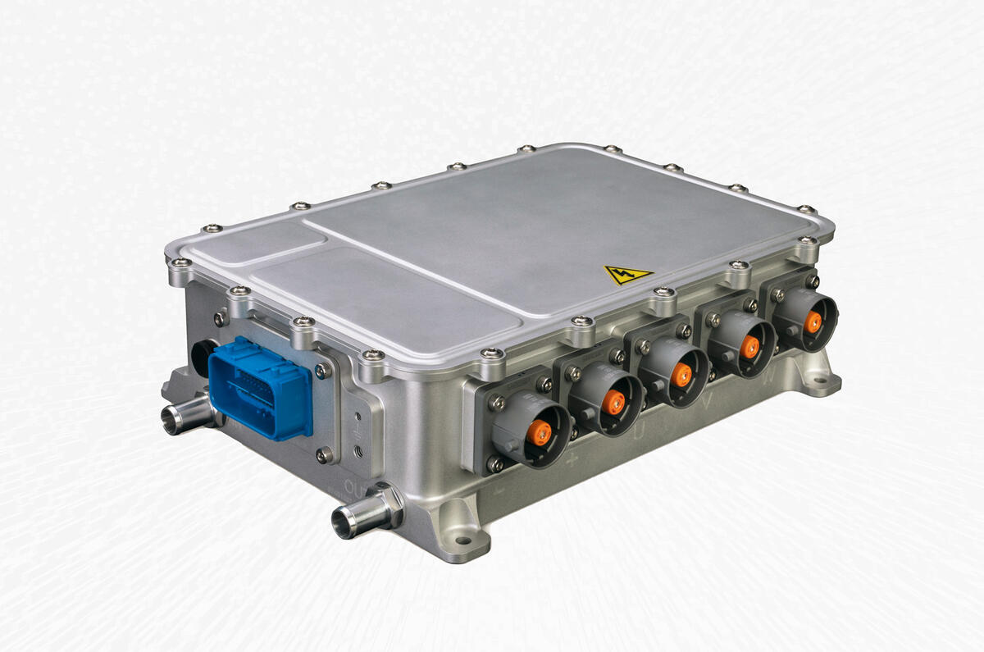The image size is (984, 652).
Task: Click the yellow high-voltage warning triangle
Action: (627, 275)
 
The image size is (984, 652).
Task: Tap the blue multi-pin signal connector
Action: (261, 386)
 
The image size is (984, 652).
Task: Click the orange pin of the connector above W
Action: (813, 321)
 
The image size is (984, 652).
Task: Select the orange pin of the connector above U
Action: (681, 374)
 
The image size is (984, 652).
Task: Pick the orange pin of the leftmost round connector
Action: (539, 431)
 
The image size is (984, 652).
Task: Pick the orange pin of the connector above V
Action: (749, 346)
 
